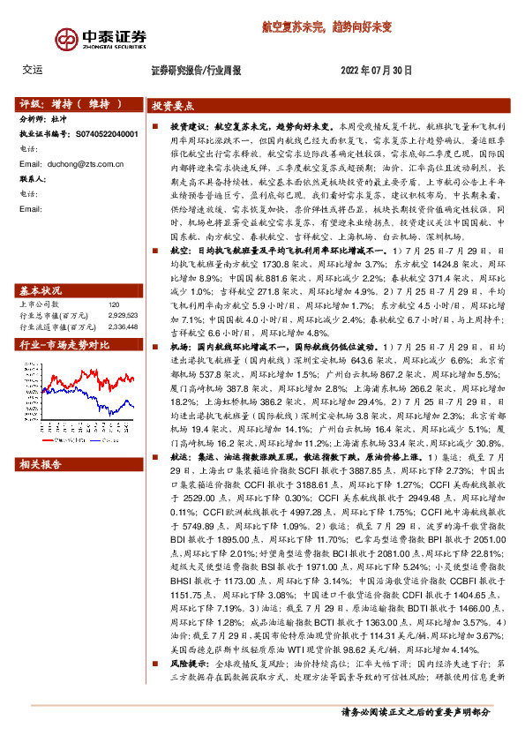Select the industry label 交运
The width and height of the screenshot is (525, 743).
33,70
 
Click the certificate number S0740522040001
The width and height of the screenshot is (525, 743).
102,133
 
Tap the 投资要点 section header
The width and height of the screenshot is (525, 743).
173,104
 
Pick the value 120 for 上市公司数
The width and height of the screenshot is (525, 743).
112,280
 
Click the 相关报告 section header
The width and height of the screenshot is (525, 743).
41,463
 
